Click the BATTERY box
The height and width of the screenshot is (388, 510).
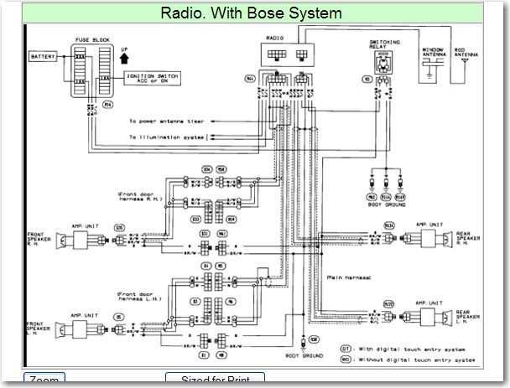point(43,57)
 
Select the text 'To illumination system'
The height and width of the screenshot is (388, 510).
point(166,136)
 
